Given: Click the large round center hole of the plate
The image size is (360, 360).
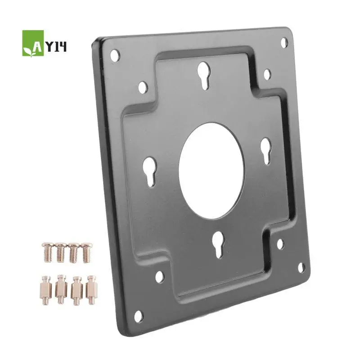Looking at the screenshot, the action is tap(211, 171).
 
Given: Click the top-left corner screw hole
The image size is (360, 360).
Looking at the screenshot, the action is tap(115, 55).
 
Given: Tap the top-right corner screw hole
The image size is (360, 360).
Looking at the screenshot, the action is tap(284, 42).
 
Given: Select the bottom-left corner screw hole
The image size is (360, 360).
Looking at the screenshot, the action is tap(138, 316).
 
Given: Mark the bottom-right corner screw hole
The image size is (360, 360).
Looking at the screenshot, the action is tap(301, 268).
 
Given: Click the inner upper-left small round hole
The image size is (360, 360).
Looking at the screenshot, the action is tap(143, 87).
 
